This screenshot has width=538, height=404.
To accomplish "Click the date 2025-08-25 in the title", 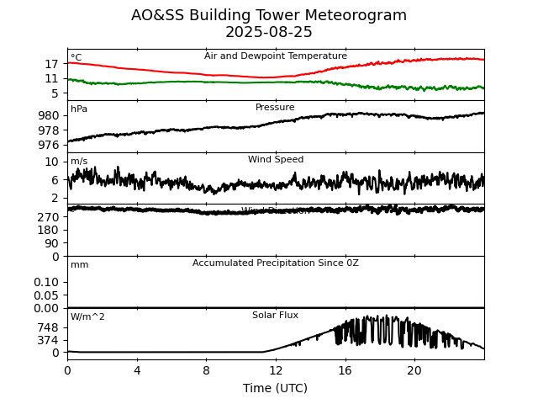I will pyautogui.click(x=269, y=33).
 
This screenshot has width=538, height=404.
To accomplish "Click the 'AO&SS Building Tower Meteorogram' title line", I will pyautogui.click(x=269, y=16).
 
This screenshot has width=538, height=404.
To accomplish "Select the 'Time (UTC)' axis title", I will pyautogui.click(x=276, y=388).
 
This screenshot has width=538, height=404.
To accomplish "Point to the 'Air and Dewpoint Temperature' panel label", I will pyautogui.click(x=276, y=56).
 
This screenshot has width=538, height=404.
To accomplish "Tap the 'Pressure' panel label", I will pyautogui.click(x=275, y=108).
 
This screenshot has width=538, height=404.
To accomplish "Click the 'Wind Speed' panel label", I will pyautogui.click(x=276, y=160).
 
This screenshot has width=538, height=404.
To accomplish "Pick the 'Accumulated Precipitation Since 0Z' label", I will pyautogui.click(x=276, y=263).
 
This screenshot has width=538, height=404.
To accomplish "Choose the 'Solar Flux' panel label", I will pyautogui.click(x=276, y=316).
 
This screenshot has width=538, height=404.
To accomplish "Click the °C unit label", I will pyautogui.click(x=76, y=58).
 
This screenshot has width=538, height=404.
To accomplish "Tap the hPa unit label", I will pyautogui.click(x=79, y=109).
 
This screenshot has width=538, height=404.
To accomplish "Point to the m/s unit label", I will pyautogui.click(x=79, y=162).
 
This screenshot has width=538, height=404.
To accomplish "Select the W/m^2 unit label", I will pyautogui.click(x=87, y=317).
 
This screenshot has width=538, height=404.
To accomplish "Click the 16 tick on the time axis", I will pyautogui.click(x=345, y=370).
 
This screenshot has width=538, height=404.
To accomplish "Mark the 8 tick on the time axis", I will pyautogui.click(x=206, y=370).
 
